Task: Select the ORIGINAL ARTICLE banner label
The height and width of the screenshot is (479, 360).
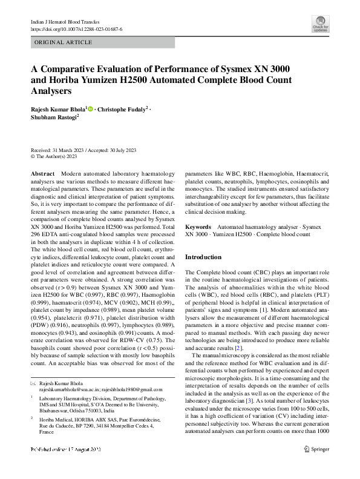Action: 64,42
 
